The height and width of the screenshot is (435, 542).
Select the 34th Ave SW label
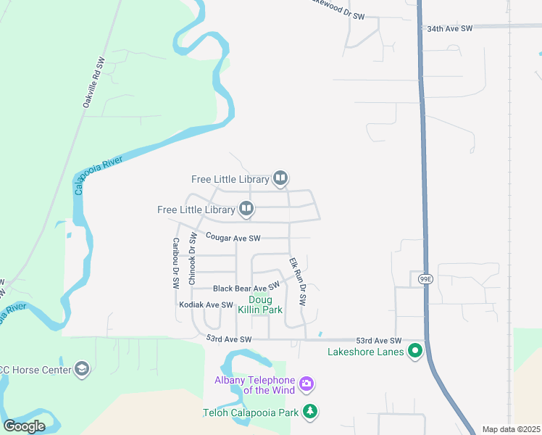point(449,28)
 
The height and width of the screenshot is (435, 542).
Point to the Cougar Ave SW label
point(233,237)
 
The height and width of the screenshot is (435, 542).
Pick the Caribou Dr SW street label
point(175,264)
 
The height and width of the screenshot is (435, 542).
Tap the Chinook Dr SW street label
point(193,259)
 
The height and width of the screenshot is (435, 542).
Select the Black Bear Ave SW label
point(246,288)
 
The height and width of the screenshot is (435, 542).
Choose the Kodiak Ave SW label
point(206,305)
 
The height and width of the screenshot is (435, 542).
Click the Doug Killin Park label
point(265,304)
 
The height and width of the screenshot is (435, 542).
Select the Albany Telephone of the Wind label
point(254,386)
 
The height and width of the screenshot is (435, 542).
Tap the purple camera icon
point(307,383)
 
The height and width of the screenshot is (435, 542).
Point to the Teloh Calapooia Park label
point(251,413)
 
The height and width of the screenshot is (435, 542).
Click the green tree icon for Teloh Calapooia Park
point(310,412)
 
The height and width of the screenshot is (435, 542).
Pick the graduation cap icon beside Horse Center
point(82,370)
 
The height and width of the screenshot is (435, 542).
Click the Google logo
point(25,426)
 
